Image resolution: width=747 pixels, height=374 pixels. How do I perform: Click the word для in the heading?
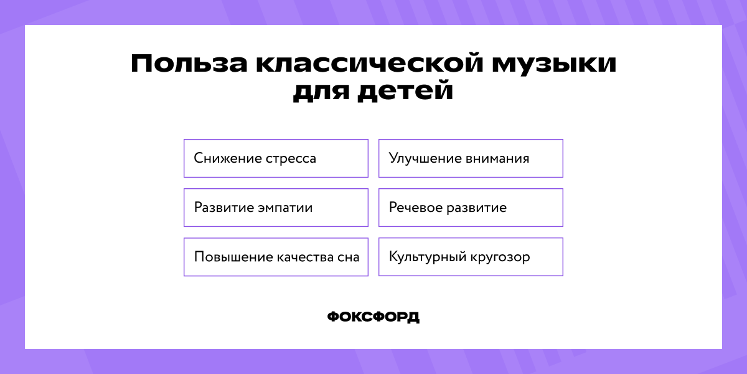click(x=326, y=92)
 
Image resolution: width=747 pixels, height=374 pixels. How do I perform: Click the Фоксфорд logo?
click(x=374, y=317)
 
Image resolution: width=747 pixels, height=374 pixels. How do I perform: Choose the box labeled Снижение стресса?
click(x=276, y=158)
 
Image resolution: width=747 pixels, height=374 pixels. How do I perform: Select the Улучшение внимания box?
click(x=471, y=158)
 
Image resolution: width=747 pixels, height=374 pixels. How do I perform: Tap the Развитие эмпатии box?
click(x=276, y=208)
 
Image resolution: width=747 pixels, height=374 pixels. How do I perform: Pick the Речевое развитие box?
click(x=471, y=208)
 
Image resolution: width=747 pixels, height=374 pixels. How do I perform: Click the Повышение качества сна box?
click(x=276, y=257)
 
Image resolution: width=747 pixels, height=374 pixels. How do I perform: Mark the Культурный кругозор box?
click(x=471, y=257)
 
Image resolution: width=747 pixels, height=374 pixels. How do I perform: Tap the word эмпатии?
click(x=285, y=208)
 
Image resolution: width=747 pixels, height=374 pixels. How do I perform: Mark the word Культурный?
click(x=425, y=257)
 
